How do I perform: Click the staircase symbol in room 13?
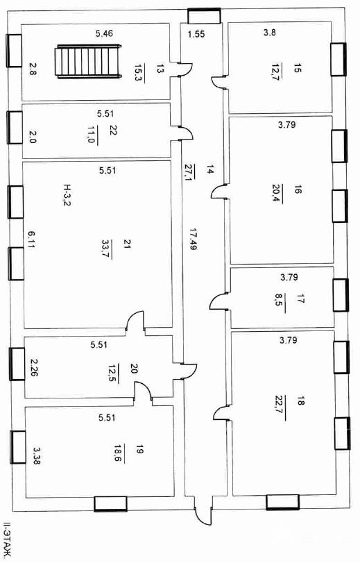[88, 61]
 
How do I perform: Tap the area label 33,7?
[107, 249]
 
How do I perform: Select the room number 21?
[128, 245]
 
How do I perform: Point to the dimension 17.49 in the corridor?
[193, 239]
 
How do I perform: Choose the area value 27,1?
[189, 173]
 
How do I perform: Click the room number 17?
[300, 299]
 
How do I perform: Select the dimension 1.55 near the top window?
[197, 34]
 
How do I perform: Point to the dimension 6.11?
[31, 240]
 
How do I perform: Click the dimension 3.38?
[37, 455]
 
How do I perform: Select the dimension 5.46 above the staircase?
[104, 34]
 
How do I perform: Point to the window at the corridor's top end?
[205, 16]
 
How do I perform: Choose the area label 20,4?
[276, 194]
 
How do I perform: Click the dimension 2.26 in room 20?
[35, 368]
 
